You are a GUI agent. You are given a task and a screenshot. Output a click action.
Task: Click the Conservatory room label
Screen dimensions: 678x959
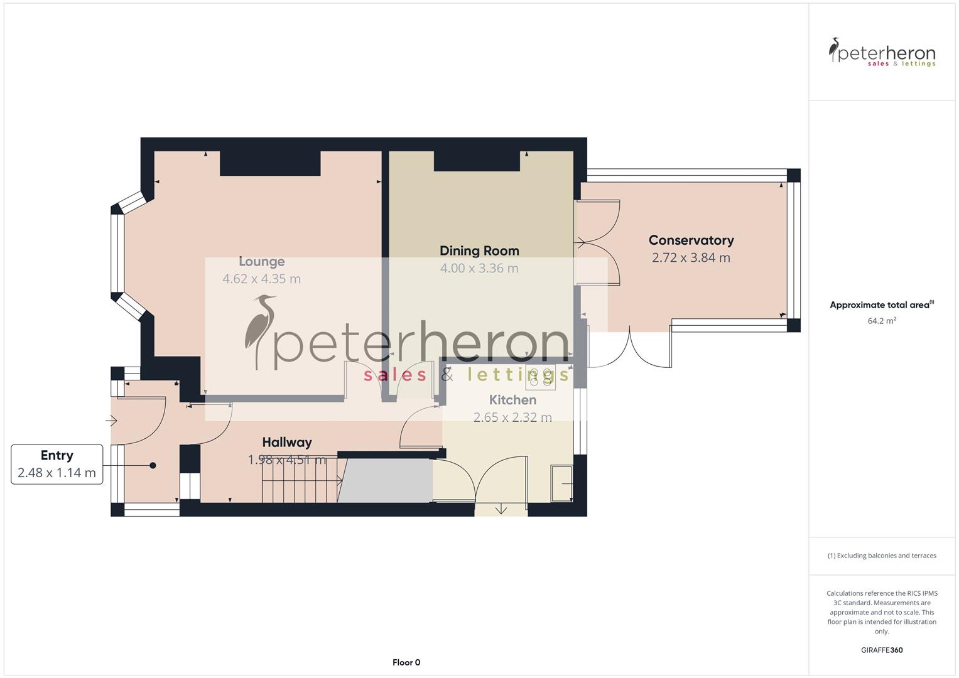[691, 240]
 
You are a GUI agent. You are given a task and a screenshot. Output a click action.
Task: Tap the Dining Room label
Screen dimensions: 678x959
[479, 251]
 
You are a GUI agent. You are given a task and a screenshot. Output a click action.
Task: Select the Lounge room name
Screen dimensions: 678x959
[261, 262]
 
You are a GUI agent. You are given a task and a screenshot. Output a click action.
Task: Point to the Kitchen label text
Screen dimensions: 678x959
[512, 400]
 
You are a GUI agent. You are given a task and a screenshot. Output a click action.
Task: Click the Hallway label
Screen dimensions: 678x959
[287, 443]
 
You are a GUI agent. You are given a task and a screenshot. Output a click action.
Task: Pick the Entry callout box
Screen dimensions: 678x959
[57, 465]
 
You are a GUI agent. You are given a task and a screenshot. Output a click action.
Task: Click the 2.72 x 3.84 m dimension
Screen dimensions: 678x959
[691, 258]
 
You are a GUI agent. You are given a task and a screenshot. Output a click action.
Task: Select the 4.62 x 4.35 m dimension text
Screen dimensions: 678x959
[261, 279]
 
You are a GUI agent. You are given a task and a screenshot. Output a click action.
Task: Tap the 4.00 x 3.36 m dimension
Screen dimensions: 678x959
[479, 269]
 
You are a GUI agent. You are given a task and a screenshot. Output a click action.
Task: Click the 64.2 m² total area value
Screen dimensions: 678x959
[882, 321]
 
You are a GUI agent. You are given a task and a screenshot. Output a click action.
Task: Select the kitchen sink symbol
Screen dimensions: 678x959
[561, 483]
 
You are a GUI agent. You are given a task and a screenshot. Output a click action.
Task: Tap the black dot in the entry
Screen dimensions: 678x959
[153, 465]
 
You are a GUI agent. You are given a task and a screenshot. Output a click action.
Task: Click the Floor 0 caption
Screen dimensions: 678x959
[406, 662]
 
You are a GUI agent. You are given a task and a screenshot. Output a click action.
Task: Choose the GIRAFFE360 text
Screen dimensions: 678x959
[882, 650]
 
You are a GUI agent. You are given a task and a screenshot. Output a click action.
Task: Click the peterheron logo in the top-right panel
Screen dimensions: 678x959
[882, 53]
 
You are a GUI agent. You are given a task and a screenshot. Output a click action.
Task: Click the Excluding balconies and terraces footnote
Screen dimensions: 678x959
[882, 556]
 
